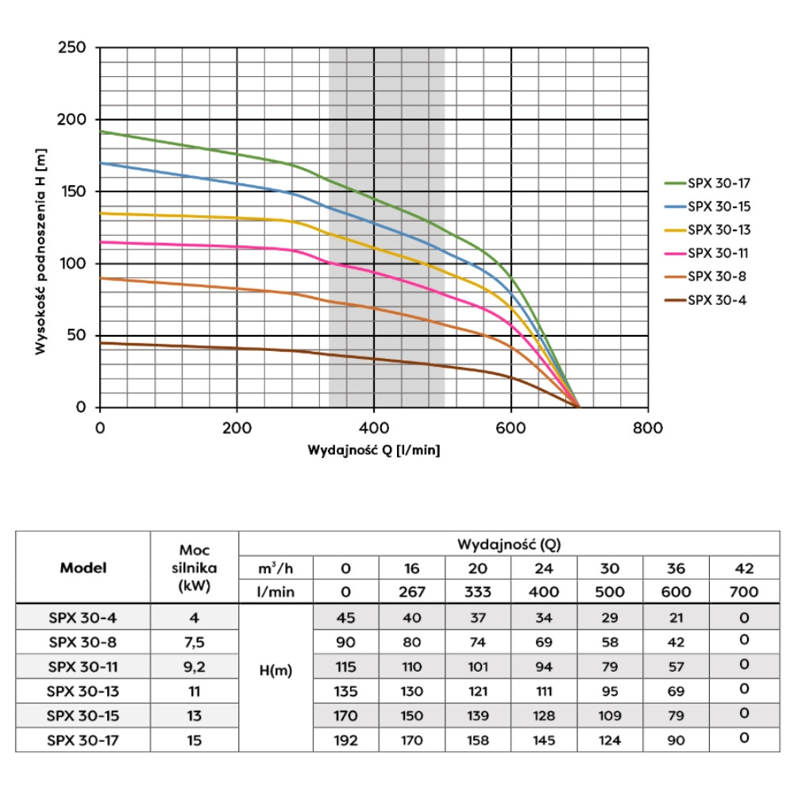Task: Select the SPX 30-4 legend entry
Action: tap(715, 300)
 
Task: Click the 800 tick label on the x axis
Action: tap(648, 427)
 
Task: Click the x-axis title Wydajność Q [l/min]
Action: tap(374, 450)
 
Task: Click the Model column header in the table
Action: tap(83, 568)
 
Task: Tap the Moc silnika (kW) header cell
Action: tap(194, 568)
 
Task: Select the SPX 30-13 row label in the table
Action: tap(83, 692)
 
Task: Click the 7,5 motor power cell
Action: tap(194, 642)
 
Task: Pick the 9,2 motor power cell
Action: tap(194, 667)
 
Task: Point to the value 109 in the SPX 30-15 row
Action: tap(610, 716)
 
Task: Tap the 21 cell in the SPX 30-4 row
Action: tap(676, 617)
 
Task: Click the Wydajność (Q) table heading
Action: tap(508, 545)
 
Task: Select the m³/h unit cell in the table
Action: tap(276, 569)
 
